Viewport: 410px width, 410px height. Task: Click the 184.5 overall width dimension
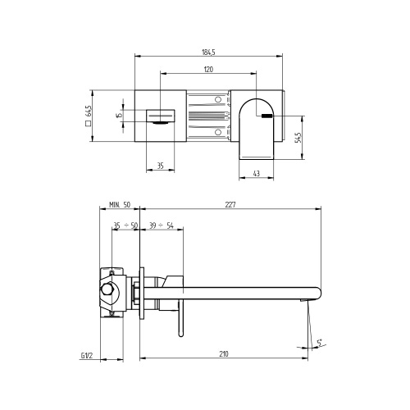pyautogui.click(x=208, y=52)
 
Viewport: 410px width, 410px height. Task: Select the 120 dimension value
pyautogui.click(x=208, y=70)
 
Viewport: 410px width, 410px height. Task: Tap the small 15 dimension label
pyautogui.click(x=119, y=116)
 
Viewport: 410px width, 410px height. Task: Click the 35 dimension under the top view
pyautogui.click(x=160, y=166)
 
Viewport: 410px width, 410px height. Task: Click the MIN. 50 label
pyautogui.click(x=120, y=205)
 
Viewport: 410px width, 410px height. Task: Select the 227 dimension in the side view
pyautogui.click(x=230, y=205)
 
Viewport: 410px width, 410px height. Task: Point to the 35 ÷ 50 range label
pyautogui.click(x=125, y=225)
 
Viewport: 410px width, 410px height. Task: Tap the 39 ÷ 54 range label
pyautogui.click(x=162, y=225)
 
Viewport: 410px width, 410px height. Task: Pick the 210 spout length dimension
pyautogui.click(x=225, y=355)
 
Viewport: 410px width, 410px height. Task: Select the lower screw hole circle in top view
pyautogui.click(x=219, y=131)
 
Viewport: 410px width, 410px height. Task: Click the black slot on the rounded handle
pyautogui.click(x=267, y=116)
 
